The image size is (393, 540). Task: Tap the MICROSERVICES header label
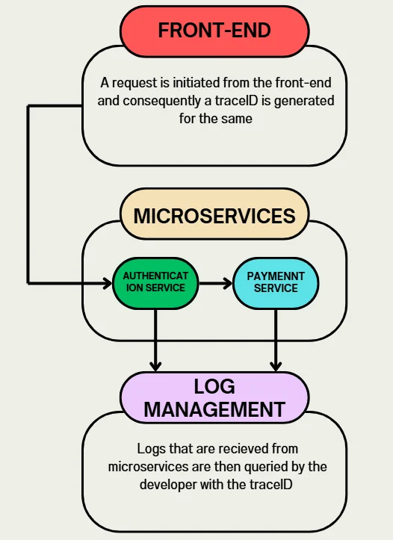tap(214, 216)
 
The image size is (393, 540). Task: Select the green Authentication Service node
tap(155, 282)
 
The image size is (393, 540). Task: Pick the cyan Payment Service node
tap(275, 282)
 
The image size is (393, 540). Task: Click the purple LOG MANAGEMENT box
tap(214, 397)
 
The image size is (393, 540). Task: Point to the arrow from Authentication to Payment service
tap(215, 283)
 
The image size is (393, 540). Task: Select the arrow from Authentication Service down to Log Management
tap(155, 340)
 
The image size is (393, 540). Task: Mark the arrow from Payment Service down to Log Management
tap(276, 340)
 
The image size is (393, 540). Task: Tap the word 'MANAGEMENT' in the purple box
tap(214, 409)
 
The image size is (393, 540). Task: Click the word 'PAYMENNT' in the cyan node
tap(275, 276)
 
